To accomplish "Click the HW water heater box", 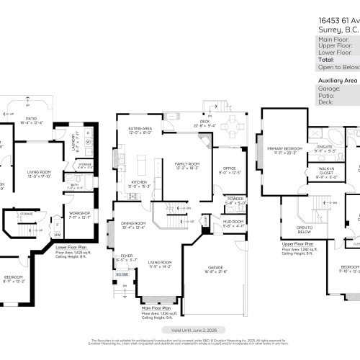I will (57, 234).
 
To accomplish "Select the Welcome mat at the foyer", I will (122, 274).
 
